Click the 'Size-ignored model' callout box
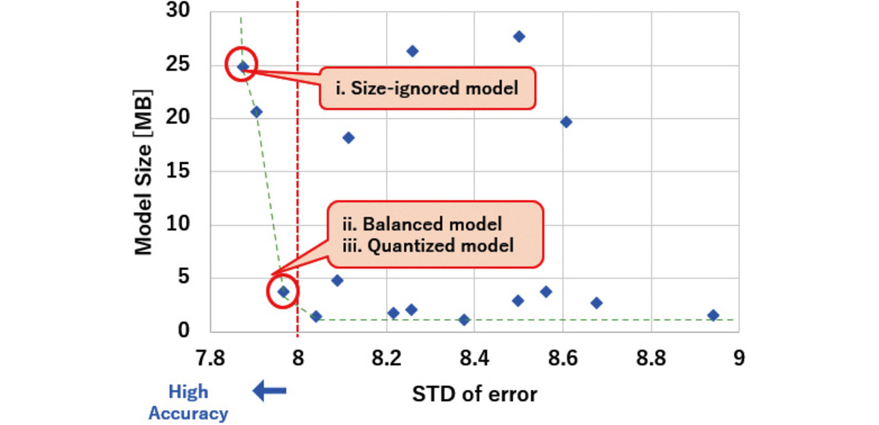[426, 88]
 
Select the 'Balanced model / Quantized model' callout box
[435, 234]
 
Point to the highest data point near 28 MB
[519, 36]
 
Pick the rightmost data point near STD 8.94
[713, 315]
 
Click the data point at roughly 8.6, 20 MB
[565, 122]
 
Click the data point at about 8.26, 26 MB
[412, 51]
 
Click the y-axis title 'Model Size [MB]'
[142, 171]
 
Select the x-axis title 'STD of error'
[474, 394]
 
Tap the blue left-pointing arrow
[269, 391]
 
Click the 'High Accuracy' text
[188, 402]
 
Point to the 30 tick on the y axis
[177, 12]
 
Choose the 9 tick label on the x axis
[738, 359]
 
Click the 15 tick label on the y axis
[177, 171]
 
